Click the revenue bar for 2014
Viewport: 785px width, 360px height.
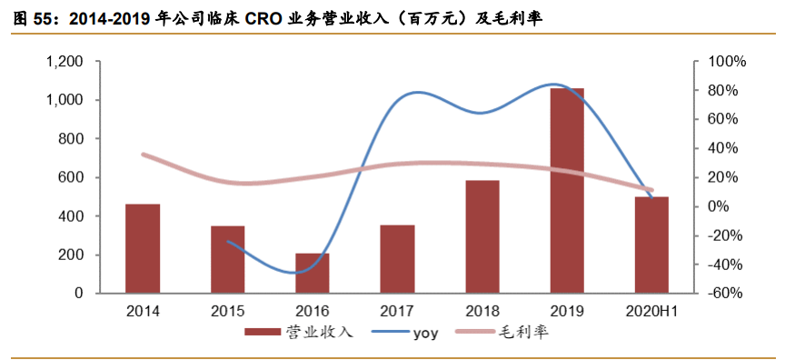coord(143,249)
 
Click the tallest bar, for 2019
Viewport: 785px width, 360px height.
coord(567,191)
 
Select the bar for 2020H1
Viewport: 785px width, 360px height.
coord(651,245)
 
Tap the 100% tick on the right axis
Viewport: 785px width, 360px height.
coord(727,62)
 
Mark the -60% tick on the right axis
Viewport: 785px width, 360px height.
coord(727,295)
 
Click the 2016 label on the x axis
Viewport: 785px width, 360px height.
coord(313,312)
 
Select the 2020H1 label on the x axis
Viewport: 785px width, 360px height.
coord(652,312)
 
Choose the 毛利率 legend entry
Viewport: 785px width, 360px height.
coord(522,334)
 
